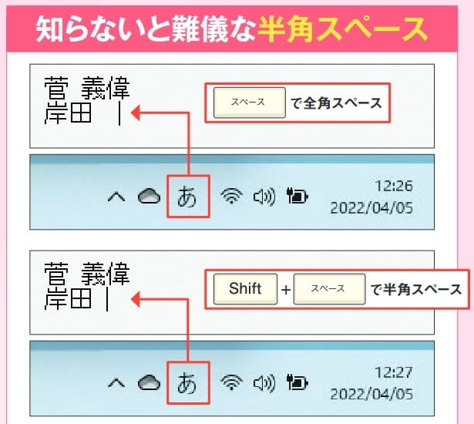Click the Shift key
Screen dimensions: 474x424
pos(245,289)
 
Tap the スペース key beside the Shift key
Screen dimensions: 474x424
pos(329,289)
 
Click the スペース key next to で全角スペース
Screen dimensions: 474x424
pos(250,103)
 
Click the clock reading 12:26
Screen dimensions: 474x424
pos(394,186)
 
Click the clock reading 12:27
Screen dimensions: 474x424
pos(394,372)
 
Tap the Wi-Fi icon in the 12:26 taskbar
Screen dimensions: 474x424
pos(231,196)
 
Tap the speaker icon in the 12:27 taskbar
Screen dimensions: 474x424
pos(264,383)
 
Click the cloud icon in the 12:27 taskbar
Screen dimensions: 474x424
pos(149,382)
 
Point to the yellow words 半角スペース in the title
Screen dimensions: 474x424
pos(342,29)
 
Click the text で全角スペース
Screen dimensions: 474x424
pos(336,103)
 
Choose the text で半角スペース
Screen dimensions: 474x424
pos(416,289)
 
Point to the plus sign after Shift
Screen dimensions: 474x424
pos(286,290)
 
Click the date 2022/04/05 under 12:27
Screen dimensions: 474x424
pos(371,395)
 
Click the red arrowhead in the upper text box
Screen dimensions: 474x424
pos(136,113)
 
